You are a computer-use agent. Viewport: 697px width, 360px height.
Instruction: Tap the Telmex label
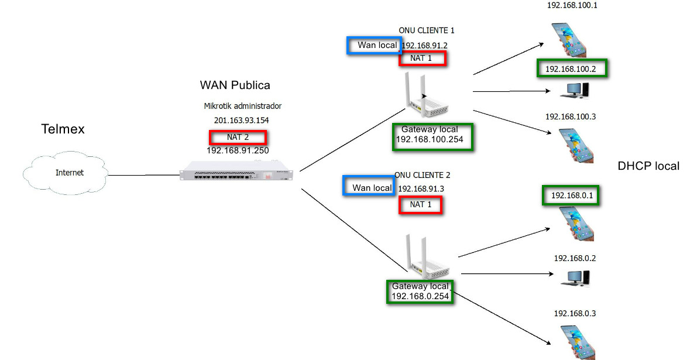(63, 129)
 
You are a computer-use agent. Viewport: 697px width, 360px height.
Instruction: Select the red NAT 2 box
(238, 138)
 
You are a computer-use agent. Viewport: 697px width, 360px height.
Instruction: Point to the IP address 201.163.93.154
(241, 120)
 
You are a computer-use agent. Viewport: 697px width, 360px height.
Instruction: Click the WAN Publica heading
(235, 85)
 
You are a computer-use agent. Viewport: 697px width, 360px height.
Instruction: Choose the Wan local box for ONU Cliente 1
(373, 46)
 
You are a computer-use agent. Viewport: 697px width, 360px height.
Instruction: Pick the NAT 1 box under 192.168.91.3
(420, 204)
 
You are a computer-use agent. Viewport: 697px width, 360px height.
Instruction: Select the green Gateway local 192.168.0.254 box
(420, 291)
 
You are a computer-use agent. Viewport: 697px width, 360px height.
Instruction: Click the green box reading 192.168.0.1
(571, 196)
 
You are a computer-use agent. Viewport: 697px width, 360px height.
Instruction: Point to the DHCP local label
(648, 166)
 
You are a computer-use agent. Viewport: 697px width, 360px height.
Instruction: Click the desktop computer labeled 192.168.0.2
(575, 277)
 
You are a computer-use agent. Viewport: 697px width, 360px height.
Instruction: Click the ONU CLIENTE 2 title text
(422, 175)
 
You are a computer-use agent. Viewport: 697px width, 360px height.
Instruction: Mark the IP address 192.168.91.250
(237, 150)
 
